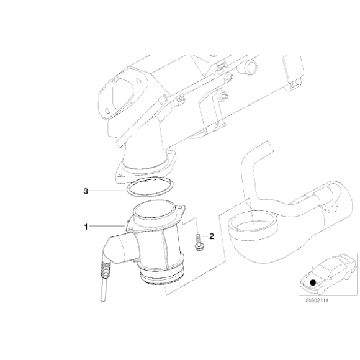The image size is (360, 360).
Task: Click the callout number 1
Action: [x=86, y=227]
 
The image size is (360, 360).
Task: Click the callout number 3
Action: [x=86, y=191]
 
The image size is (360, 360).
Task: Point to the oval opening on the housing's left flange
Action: [x=122, y=92]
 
